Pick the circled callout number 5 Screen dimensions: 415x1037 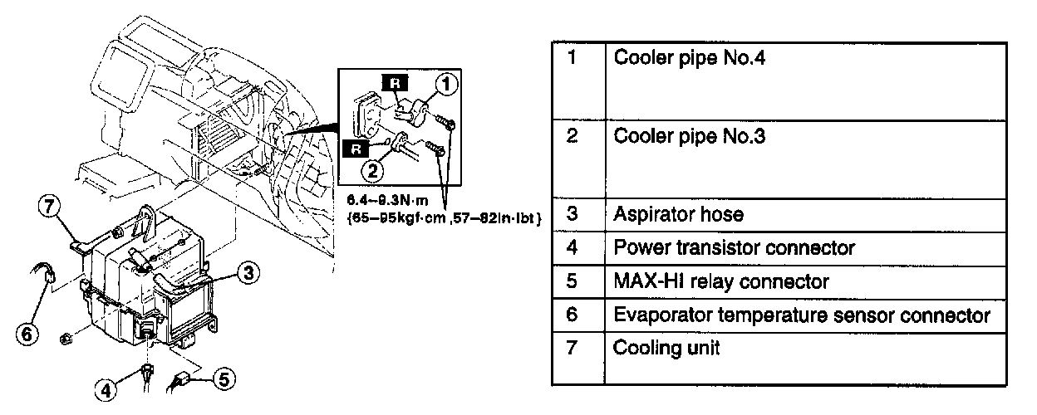pyautogui.click(x=222, y=378)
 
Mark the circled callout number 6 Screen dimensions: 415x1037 pyautogui.click(x=27, y=333)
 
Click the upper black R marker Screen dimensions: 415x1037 pyautogui.click(x=392, y=81)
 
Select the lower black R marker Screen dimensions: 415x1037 pyautogui.click(x=353, y=149)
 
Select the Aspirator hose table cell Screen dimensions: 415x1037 pyautogui.click(x=678, y=214)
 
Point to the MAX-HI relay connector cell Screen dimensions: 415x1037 pyautogui.click(x=720, y=281)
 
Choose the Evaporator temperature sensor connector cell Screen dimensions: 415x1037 pyautogui.click(x=801, y=315)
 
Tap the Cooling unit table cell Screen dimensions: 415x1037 pyautogui.click(x=666, y=349)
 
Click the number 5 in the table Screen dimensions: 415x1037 pyautogui.click(x=572, y=281)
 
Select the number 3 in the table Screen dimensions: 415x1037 pyautogui.click(x=572, y=214)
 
